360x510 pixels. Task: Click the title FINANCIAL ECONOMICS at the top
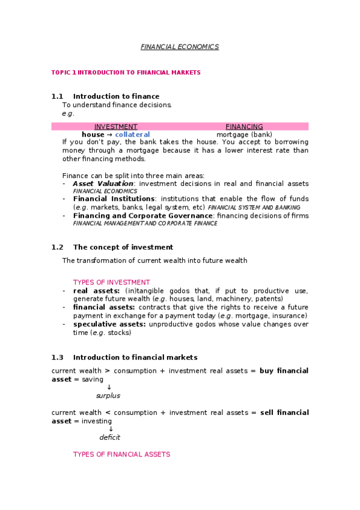pos(180,46)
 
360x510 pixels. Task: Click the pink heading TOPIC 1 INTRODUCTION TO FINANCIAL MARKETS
pos(126,72)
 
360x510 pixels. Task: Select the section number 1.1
pos(57,96)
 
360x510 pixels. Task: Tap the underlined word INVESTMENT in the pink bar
pos(116,126)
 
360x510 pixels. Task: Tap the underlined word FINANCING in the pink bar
pos(244,126)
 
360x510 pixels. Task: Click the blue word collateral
pos(132,135)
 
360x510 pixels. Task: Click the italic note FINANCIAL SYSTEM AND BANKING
pos(254,207)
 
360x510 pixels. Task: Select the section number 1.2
pos(57,247)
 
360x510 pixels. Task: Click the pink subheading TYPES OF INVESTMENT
pos(111,282)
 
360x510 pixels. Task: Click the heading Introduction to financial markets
pos(135,357)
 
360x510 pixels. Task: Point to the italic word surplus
pos(108,396)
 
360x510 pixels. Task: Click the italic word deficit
pos(110,437)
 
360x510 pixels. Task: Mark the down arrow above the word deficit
pos(111,429)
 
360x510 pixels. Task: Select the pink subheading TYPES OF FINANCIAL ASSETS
pos(121,454)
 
